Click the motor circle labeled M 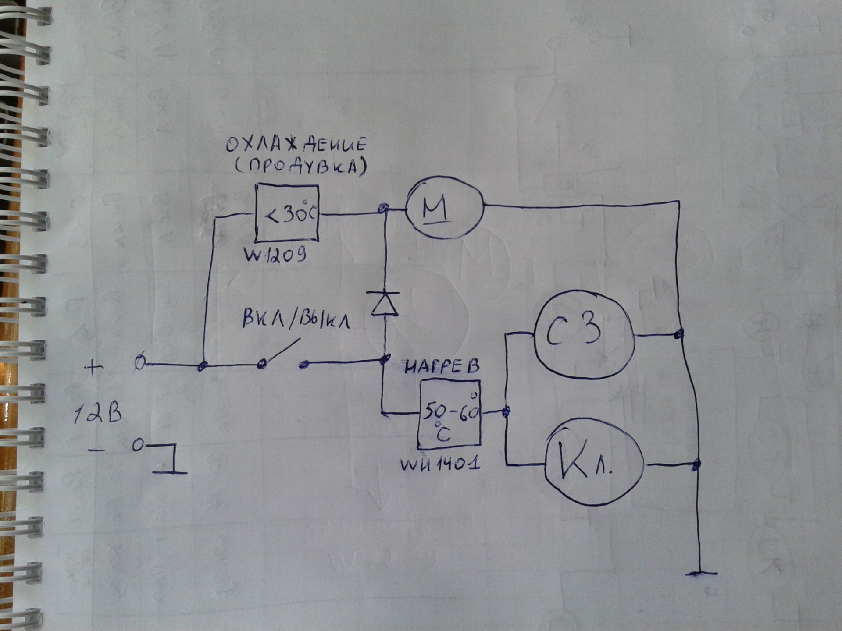coord(444,208)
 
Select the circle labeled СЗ coord(583,334)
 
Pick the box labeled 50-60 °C coord(449,415)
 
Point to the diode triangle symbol coord(385,304)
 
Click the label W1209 coord(275,255)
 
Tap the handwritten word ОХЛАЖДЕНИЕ coord(296,145)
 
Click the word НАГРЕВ coord(442,367)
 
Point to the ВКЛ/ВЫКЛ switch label coord(296,321)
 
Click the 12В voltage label coord(97,414)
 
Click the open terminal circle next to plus coord(139,363)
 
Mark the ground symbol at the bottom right coord(701,573)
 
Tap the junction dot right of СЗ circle coord(678,335)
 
